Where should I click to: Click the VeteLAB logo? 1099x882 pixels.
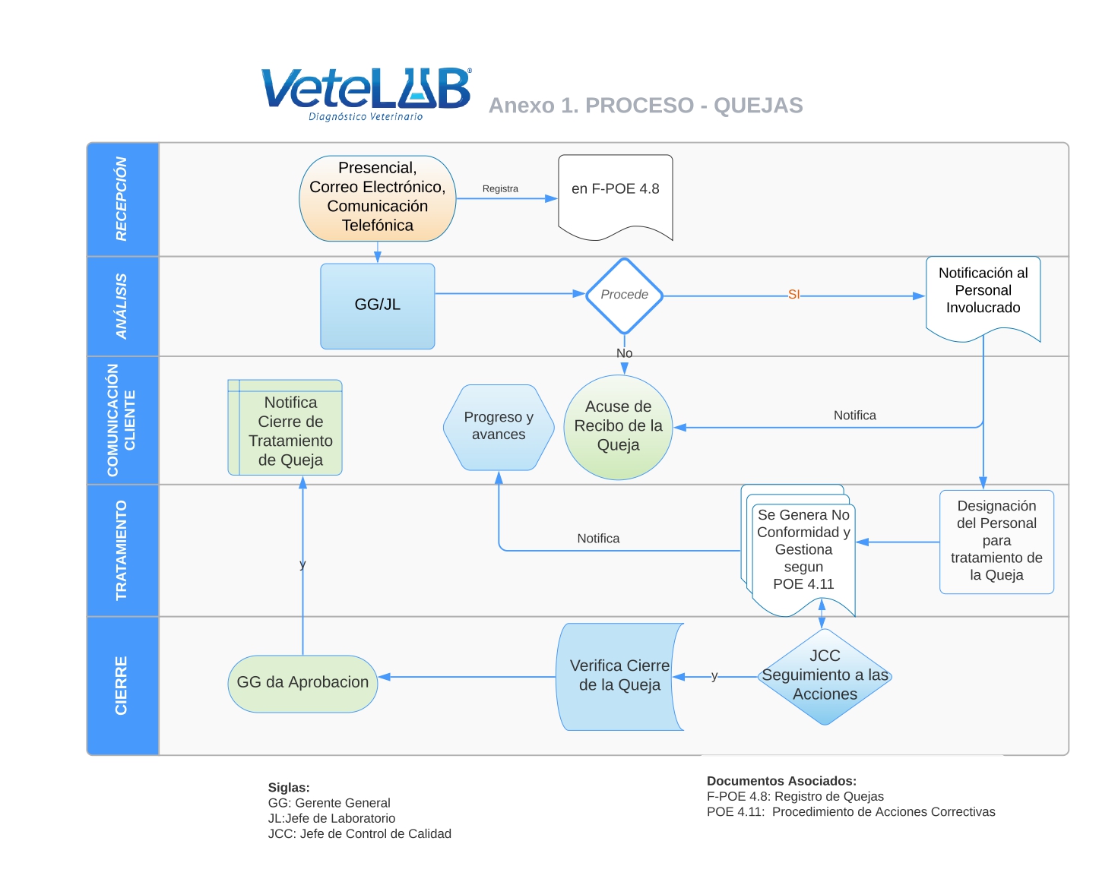[366, 94]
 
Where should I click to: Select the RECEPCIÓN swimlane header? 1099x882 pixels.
[122, 199]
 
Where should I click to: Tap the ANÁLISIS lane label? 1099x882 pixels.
[122, 305]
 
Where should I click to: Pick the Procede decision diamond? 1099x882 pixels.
[624, 296]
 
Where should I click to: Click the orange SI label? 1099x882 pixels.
[793, 295]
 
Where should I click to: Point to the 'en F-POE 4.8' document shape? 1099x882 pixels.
[616, 197]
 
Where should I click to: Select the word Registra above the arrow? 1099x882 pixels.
[500, 188]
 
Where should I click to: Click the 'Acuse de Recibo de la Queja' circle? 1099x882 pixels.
[618, 427]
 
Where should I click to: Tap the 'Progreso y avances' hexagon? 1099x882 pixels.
[499, 427]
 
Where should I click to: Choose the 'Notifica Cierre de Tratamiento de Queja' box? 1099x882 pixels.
[285, 427]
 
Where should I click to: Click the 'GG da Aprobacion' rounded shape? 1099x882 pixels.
[302, 684]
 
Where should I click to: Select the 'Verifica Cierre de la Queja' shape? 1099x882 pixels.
[619, 676]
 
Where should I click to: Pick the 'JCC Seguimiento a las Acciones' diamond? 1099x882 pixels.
[825, 676]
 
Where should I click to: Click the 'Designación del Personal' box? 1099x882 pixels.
[996, 542]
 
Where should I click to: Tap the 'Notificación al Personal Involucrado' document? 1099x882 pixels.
[983, 298]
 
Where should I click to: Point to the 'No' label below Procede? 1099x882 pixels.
[624, 352]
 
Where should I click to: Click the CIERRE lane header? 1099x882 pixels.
[122, 685]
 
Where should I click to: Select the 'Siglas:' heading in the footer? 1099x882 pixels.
[289, 787]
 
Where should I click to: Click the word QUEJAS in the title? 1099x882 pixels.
[758, 105]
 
